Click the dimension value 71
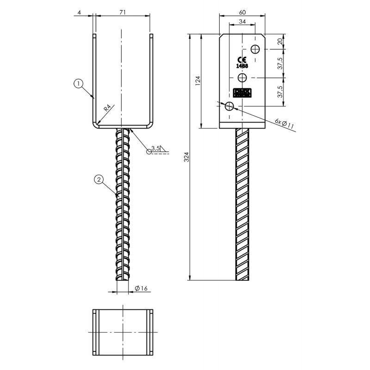122,12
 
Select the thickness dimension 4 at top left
80,12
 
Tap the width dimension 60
242,12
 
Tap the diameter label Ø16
141,289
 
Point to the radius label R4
107,109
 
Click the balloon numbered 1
79,84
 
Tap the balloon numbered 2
98,179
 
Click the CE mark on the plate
242,60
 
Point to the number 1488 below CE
242,66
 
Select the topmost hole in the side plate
256,49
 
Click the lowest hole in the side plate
229,107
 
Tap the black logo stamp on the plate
242,93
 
